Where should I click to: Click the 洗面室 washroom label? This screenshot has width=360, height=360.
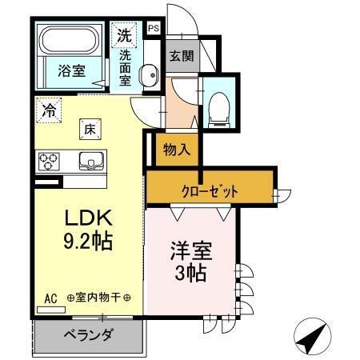tap(127, 70)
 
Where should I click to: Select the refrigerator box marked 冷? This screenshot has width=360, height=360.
tap(49, 110)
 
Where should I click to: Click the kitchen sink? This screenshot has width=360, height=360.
tap(90, 160)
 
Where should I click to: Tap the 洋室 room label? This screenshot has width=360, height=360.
tap(190, 251)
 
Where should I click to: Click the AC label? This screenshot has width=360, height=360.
tap(50, 299)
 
